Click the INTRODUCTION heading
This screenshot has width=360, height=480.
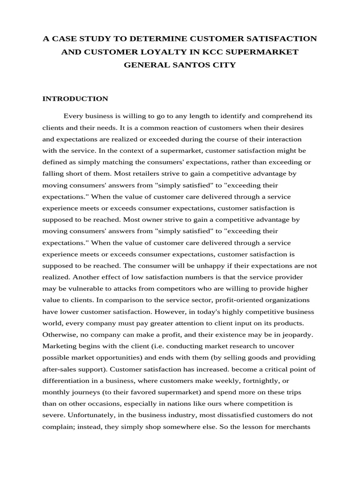pos(75,98)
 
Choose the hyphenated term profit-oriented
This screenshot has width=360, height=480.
pos(202,300)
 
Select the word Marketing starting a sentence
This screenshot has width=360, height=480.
pos(60,345)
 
